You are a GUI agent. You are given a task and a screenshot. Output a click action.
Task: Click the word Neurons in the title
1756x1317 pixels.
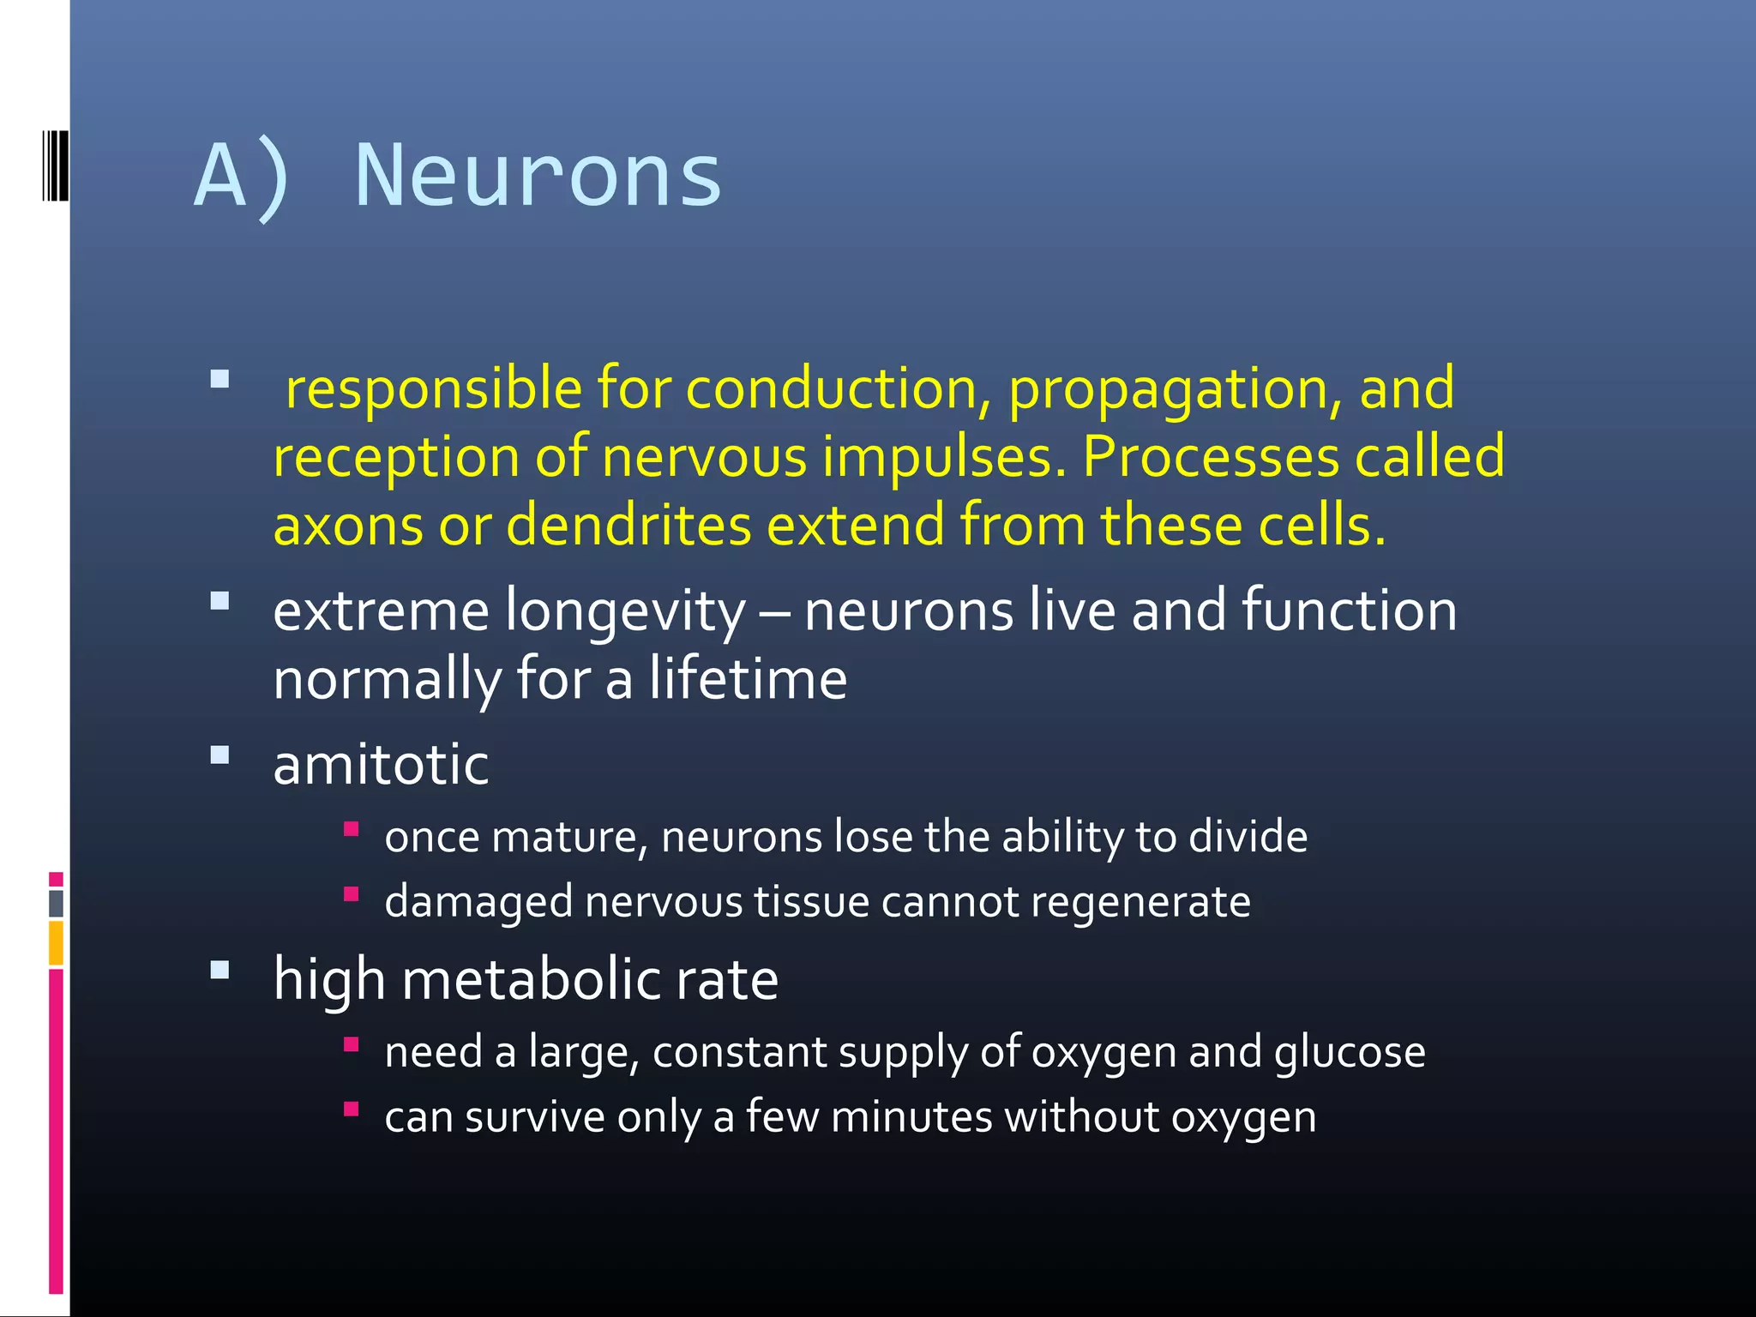pyautogui.click(x=538, y=177)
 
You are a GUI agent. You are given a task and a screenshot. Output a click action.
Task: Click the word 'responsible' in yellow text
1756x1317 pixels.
pyautogui.click(x=434, y=388)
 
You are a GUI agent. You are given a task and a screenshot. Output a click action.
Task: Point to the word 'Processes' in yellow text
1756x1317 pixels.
pyautogui.click(x=1210, y=456)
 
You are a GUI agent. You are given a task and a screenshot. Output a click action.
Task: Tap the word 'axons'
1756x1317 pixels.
pyautogui.click(x=348, y=526)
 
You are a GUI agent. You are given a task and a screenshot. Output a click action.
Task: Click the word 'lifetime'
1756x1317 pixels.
pyautogui.click(x=748, y=678)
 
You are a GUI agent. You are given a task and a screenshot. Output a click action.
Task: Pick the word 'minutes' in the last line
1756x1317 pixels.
pyautogui.click(x=911, y=1117)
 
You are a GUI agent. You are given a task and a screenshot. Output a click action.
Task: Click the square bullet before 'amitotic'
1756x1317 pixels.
pyautogui.click(x=220, y=755)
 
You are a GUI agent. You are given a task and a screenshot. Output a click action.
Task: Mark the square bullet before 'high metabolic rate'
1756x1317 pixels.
pyautogui.click(x=220, y=971)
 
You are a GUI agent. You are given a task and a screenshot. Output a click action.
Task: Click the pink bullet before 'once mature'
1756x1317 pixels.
pyautogui.click(x=351, y=829)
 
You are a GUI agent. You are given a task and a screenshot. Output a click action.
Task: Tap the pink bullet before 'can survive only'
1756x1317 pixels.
pyautogui.click(x=351, y=1110)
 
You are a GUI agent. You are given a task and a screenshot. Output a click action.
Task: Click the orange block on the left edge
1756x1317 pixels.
pyautogui.click(x=56, y=942)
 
